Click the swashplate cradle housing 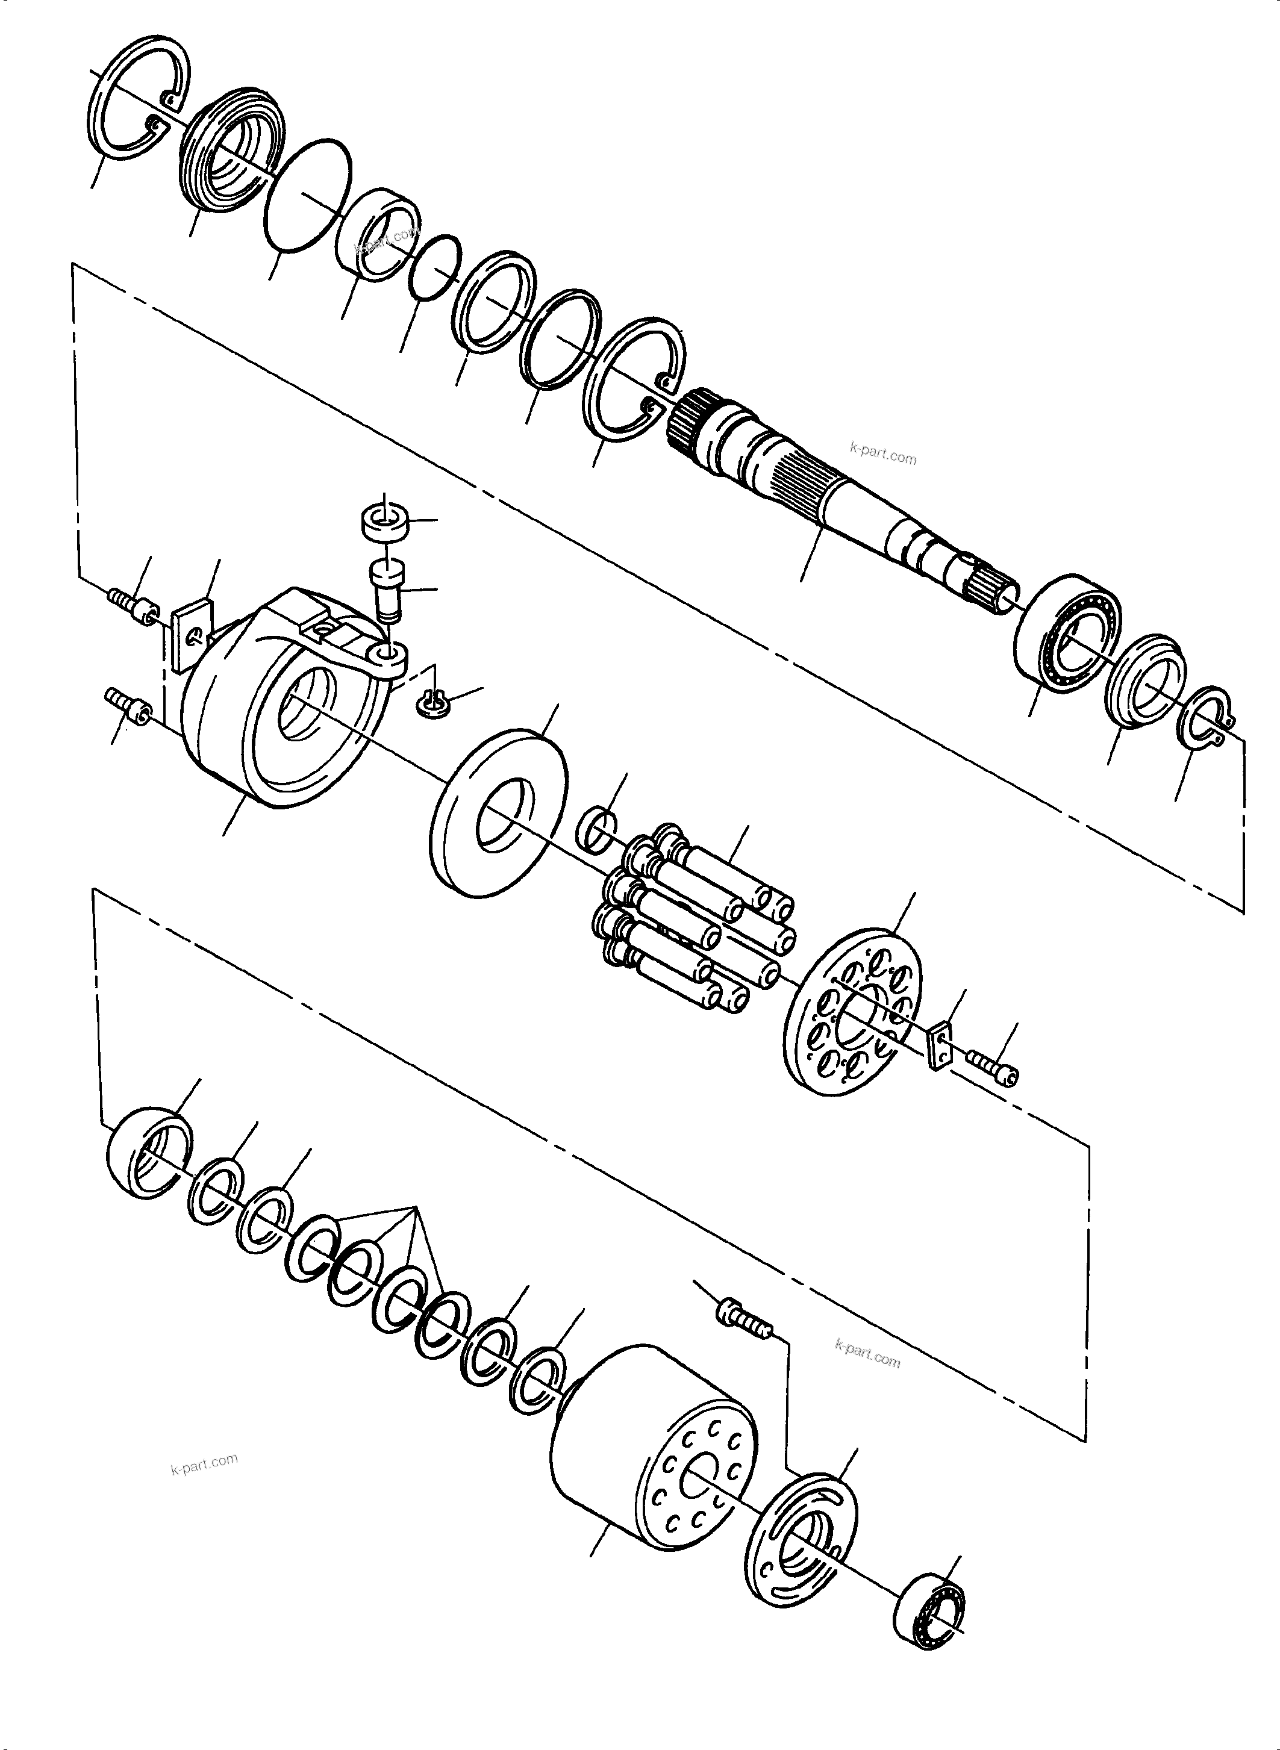[279, 697]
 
